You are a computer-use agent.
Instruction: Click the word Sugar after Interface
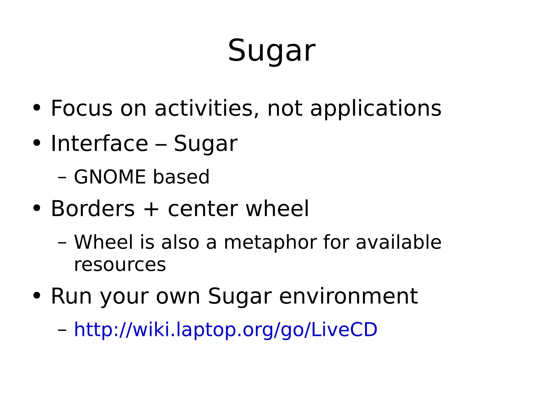205,144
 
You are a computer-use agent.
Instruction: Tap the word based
181,177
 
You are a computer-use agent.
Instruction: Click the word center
203,209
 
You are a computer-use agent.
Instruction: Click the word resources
120,265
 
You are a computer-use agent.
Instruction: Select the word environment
348,296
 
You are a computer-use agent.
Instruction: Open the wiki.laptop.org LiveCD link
225,330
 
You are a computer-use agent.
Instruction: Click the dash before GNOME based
62,177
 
